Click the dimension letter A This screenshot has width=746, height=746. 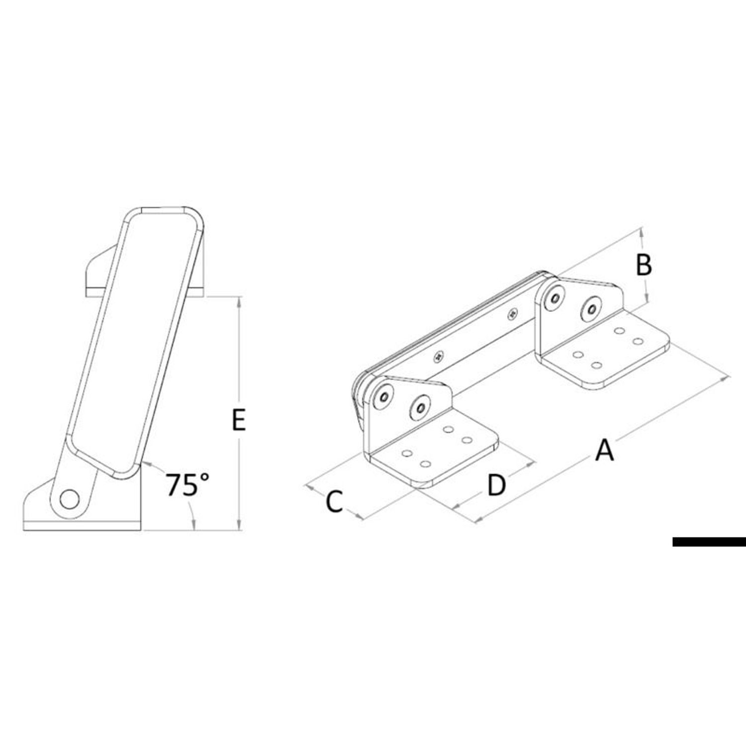605,450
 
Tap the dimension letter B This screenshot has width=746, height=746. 644,265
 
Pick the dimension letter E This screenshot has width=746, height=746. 239,421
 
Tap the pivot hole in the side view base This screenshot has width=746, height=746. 69,499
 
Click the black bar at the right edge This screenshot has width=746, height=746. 709,542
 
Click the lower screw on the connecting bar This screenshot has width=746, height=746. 438,356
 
